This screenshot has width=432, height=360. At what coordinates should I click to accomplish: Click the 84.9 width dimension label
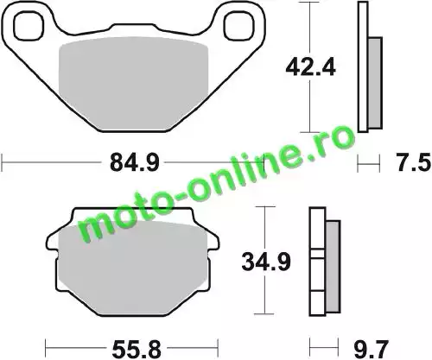135,163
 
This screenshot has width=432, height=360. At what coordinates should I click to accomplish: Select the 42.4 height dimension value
310,68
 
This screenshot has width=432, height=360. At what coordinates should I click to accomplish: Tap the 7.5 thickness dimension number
414,163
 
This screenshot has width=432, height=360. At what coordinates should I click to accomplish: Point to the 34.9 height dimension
266,262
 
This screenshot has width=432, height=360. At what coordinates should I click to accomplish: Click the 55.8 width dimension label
137,350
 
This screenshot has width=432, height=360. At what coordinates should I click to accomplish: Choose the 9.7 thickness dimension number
372,350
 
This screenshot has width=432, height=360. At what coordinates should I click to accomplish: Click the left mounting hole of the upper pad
29,26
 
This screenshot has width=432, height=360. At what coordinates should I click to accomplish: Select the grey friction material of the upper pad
133,84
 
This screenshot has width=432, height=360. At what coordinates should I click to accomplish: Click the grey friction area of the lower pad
133,268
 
